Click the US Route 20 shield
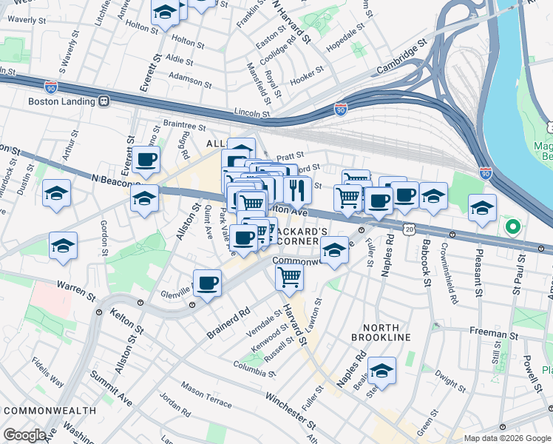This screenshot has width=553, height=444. point(409,231)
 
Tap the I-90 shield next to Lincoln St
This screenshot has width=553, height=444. point(340,110)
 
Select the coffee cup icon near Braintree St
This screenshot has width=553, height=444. point(146,158)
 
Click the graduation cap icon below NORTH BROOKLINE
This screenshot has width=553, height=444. point(382,370)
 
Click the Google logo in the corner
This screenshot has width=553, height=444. point(24,435)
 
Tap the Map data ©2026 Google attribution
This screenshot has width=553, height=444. point(506,438)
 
